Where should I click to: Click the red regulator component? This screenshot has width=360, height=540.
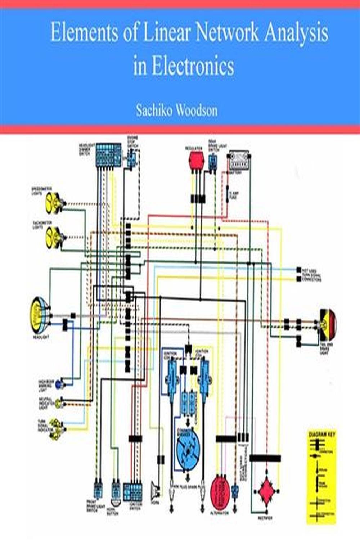pos(196,159)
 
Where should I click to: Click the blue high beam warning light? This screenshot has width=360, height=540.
pos(59,384)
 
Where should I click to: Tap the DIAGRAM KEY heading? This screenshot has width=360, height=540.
pos(322,435)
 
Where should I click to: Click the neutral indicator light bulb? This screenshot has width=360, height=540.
pos(59,404)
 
